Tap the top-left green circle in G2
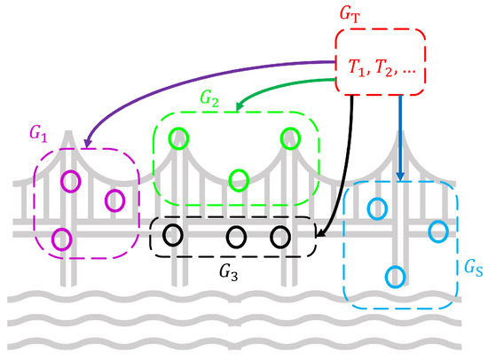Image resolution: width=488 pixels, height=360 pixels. (x=179, y=139)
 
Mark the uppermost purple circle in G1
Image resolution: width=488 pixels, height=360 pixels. (x=69, y=181)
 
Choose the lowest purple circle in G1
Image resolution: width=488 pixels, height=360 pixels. (x=61, y=239)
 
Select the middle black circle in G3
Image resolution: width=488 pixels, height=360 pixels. (x=236, y=237)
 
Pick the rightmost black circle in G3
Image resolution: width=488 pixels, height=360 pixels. (x=280, y=237)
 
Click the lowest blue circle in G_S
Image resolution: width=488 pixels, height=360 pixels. (x=397, y=276)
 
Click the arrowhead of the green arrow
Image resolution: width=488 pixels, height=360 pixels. (x=239, y=109)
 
